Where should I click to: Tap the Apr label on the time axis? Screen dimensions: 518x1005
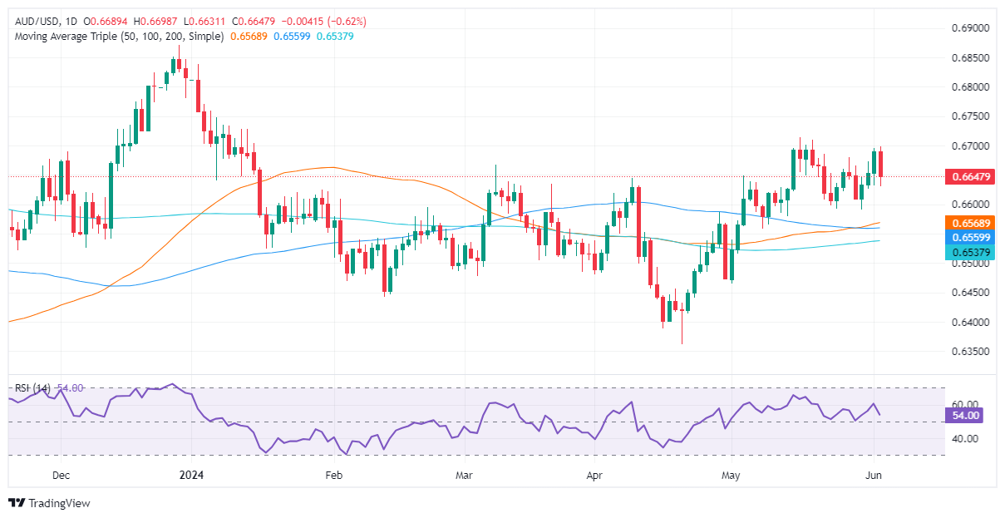pyautogui.click(x=594, y=476)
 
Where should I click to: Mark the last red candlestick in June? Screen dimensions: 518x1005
pyautogui.click(x=881, y=163)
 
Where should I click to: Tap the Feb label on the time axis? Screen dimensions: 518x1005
pyautogui.click(x=333, y=476)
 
